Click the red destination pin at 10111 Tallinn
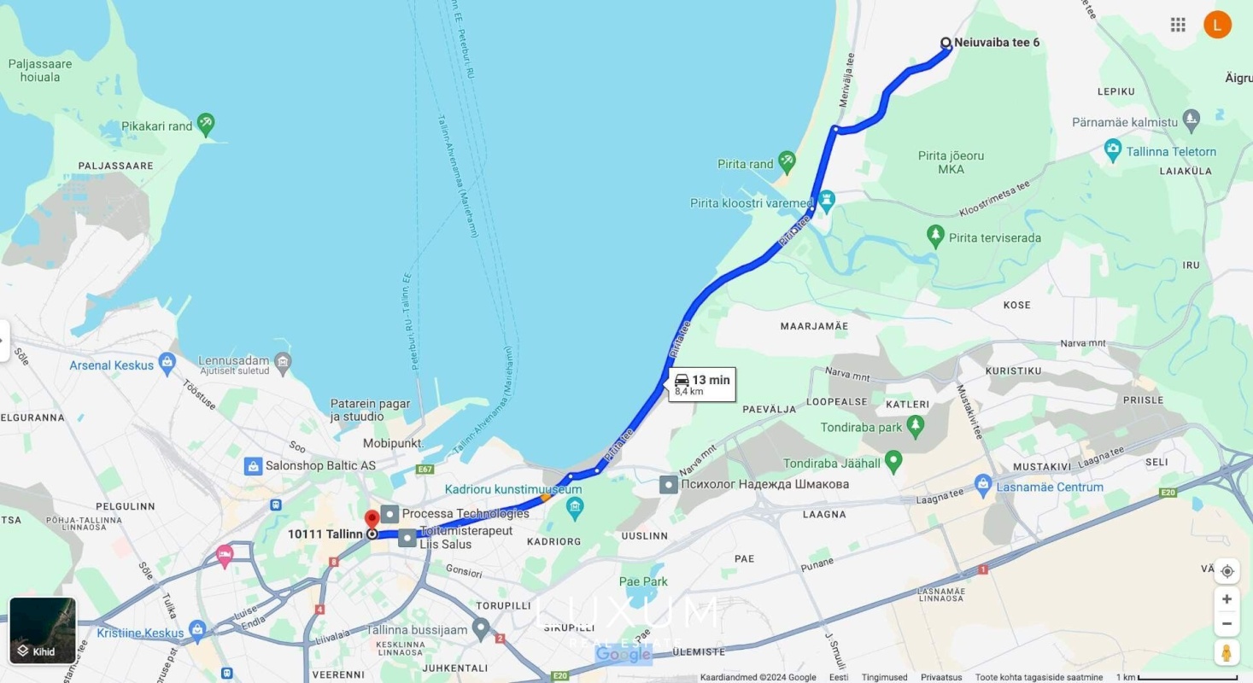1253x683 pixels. pyautogui.click(x=372, y=519)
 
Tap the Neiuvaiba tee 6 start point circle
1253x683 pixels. pyautogui.click(x=946, y=43)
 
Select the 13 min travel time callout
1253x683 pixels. pyautogui.click(x=702, y=384)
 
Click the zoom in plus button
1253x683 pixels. pyautogui.click(x=1227, y=599)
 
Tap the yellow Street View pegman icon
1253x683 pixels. pyautogui.click(x=1227, y=652)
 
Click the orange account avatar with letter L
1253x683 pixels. pyautogui.click(x=1217, y=25)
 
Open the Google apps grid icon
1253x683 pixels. pyautogui.click(x=1178, y=25)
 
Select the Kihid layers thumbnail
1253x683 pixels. pyautogui.click(x=43, y=630)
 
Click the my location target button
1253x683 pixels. pyautogui.click(x=1227, y=571)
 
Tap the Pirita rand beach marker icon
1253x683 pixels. pyautogui.click(x=787, y=160)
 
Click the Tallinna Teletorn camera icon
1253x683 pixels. pyautogui.click(x=1112, y=151)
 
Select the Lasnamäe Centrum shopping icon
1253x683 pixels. pyautogui.click(x=983, y=487)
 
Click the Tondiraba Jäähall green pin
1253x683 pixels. pyautogui.click(x=893, y=462)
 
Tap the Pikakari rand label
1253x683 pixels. pyautogui.click(x=156, y=126)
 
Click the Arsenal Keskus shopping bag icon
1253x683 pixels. pyautogui.click(x=167, y=365)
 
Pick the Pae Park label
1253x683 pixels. pyautogui.click(x=643, y=581)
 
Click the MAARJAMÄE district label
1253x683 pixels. pyautogui.click(x=814, y=326)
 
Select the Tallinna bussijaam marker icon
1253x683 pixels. pyautogui.click(x=481, y=630)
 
